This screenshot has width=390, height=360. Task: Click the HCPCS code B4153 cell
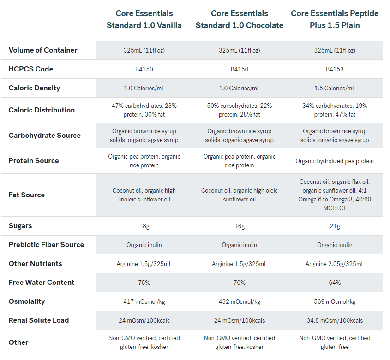[335, 69]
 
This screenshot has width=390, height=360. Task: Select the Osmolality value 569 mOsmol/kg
[335, 301]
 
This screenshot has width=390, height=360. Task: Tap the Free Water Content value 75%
[144, 283]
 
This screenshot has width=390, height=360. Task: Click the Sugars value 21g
[335, 226]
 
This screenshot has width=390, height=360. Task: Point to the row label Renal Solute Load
[39, 320]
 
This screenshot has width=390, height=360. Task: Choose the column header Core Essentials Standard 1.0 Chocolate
[239, 19]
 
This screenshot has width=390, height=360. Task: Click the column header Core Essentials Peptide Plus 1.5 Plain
[335, 19]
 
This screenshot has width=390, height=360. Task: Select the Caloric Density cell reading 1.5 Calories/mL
[335, 88]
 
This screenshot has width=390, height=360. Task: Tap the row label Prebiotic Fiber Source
[46, 245]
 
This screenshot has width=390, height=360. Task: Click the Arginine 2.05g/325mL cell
[335, 264]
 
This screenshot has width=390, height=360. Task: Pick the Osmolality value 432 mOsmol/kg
[239, 301]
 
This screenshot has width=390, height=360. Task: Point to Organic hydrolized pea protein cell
[335, 161]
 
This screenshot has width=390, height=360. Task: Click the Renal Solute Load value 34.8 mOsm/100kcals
[335, 320]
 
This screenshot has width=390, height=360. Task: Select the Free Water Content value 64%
[335, 283]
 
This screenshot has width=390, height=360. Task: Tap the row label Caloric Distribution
[42, 110]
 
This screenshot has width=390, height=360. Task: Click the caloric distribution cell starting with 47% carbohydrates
[144, 110]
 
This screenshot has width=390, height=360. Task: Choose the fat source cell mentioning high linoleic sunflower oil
[144, 195]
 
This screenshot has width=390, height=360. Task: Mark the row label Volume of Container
[43, 50]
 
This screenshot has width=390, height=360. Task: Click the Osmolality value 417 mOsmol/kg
[144, 301]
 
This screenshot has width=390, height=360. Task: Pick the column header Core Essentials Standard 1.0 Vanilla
[144, 19]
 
